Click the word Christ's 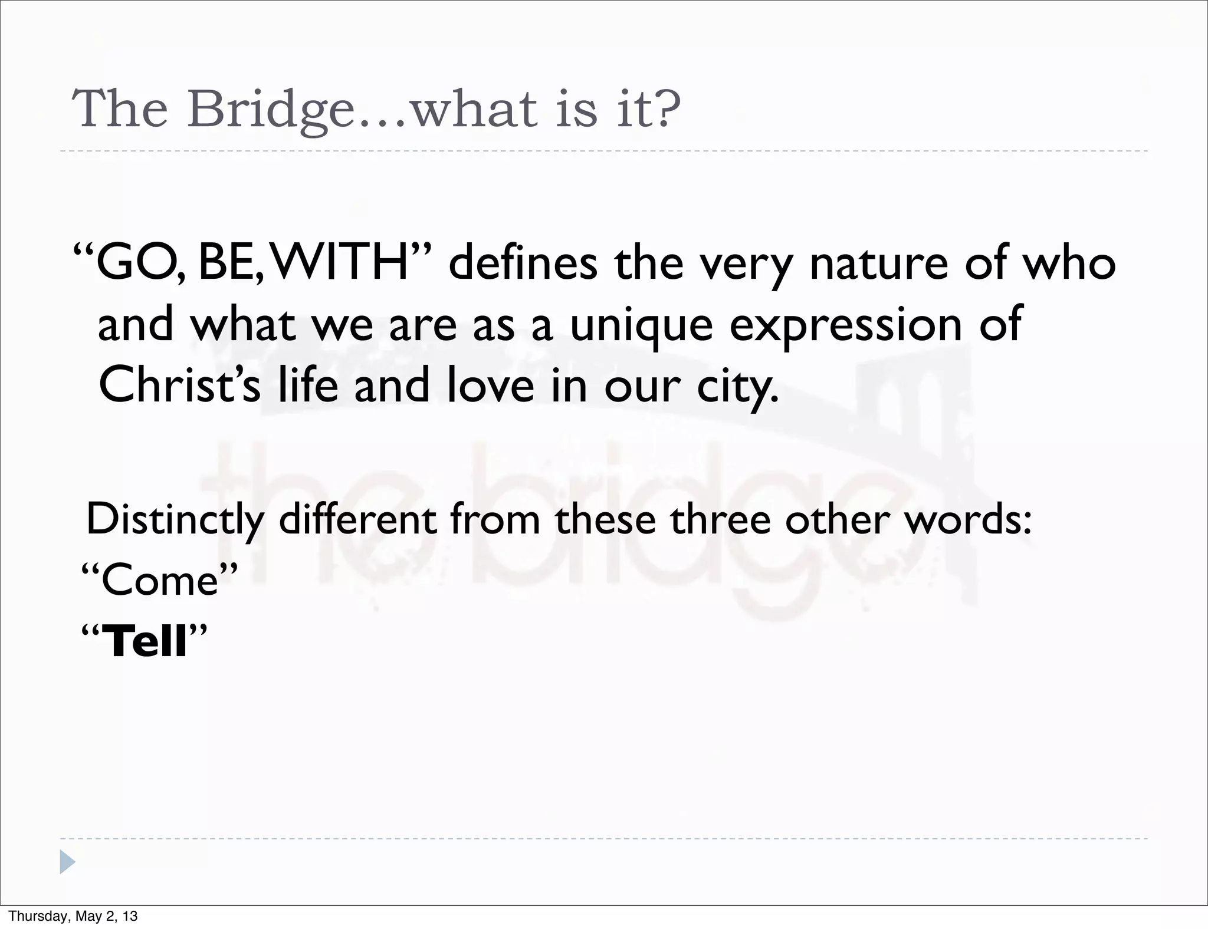click(179, 384)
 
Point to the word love click(490, 384)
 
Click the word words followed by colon click(967, 520)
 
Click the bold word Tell click(145, 641)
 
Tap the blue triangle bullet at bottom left click(67, 862)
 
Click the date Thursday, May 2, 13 click(73, 916)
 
